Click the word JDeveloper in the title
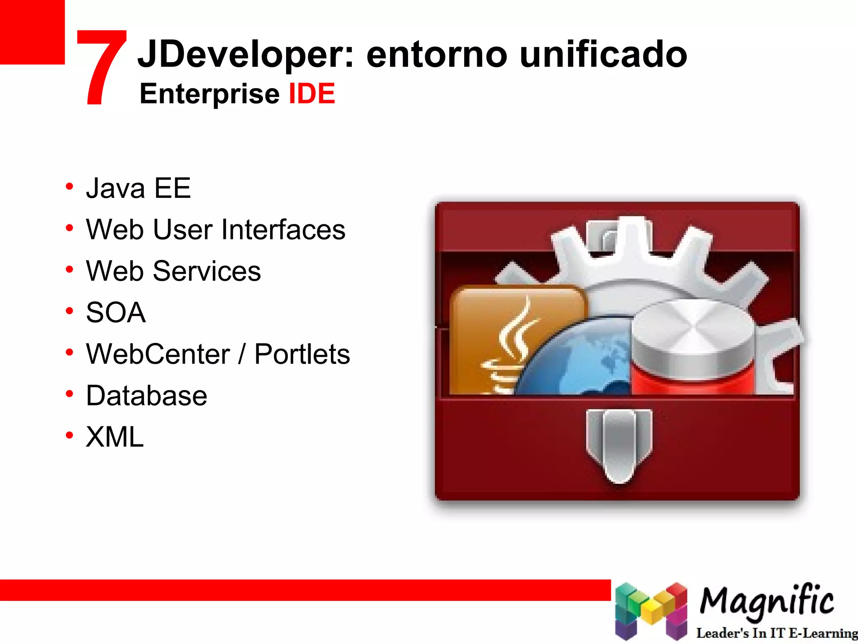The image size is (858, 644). click(246, 55)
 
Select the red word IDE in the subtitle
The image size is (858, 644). click(312, 93)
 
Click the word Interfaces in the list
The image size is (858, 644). click(283, 229)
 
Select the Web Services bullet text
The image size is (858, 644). click(173, 271)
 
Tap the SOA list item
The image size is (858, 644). click(116, 312)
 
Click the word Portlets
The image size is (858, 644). click(302, 354)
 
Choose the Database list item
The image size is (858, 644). click(147, 395)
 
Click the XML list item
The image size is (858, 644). click(115, 437)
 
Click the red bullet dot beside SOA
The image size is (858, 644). click(70, 311)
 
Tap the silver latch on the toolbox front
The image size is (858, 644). click(619, 444)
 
